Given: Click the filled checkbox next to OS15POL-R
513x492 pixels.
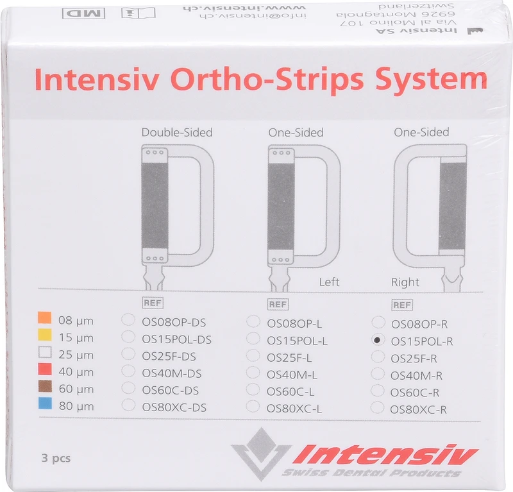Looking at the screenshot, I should click(x=378, y=340).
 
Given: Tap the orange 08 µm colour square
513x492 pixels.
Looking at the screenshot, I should click(x=44, y=319).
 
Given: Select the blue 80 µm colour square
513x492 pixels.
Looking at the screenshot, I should click(x=44, y=405).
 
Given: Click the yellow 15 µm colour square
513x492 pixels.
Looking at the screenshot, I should click(x=44, y=336).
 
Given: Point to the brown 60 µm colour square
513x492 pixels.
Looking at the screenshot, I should click(x=44, y=387).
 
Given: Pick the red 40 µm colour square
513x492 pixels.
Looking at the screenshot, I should click(x=44, y=370).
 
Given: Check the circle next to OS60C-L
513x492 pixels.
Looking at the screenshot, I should click(x=254, y=391).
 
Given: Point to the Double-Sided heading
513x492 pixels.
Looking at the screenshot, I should click(x=176, y=133).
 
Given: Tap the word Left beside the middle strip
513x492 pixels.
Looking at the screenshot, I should click(x=329, y=282).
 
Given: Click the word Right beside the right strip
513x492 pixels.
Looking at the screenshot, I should click(x=405, y=282).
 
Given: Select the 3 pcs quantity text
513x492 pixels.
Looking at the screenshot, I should click(x=55, y=458).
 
